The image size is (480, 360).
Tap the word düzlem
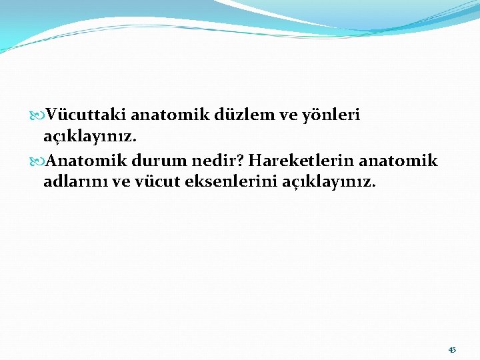[243, 115]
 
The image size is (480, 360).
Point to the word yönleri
[330, 115]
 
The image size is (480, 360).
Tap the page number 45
[452, 350]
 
